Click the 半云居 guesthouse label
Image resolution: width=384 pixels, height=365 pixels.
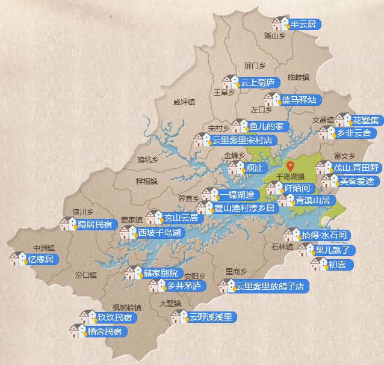[305, 24]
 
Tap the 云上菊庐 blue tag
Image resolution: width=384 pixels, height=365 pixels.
[257, 82]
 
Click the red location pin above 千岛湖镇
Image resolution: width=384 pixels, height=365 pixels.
[290, 166]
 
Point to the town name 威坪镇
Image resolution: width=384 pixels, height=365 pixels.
[184, 102]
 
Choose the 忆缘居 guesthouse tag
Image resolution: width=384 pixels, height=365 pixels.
[40, 259]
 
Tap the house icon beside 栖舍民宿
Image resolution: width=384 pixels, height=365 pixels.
[78, 331]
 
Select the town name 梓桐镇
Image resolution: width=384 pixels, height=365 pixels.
[147, 180]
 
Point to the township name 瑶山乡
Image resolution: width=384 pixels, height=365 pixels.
[274, 35]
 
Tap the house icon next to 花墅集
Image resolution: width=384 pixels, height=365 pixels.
[343, 120]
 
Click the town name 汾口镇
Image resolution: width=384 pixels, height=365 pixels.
[86, 275]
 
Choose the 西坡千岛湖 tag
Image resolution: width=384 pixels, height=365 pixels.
[159, 232]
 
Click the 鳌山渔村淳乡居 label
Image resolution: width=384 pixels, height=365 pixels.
[244, 208]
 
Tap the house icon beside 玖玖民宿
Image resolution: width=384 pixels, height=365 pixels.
[88, 316]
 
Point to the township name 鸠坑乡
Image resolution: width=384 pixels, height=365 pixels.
[147, 159]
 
